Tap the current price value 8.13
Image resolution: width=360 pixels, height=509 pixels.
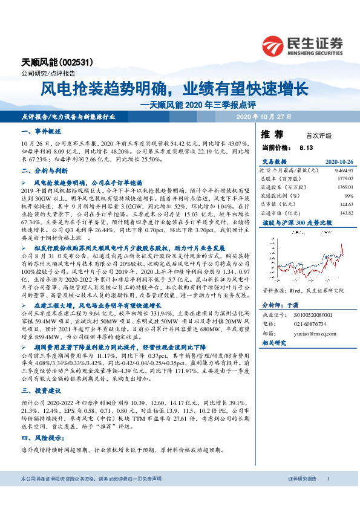(306, 147)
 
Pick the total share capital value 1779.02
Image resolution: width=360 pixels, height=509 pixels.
(343, 178)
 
